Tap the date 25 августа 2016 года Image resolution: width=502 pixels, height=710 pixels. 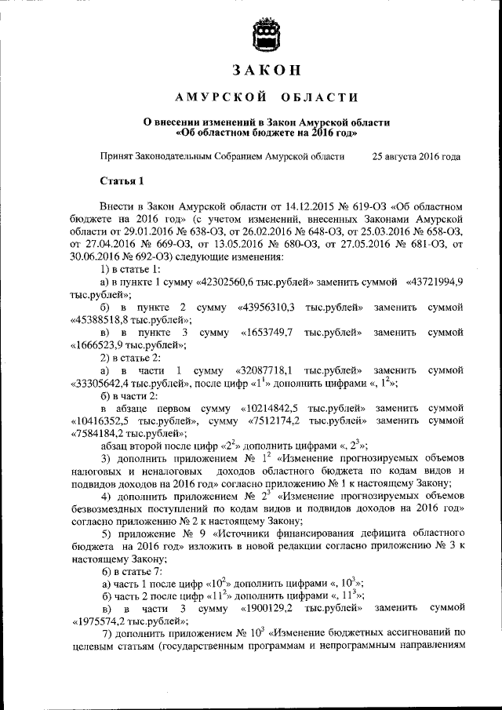point(417,156)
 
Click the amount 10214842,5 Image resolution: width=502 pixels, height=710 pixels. point(270,409)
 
